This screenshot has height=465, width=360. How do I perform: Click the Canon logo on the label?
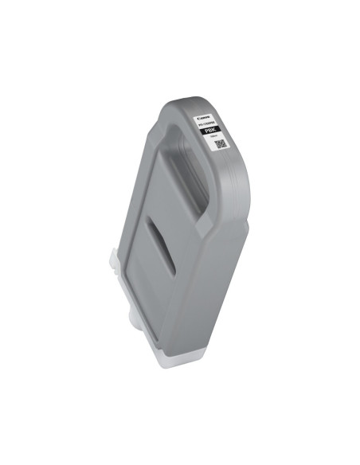coord(212,111)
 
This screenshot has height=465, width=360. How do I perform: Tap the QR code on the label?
coord(221,144)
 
